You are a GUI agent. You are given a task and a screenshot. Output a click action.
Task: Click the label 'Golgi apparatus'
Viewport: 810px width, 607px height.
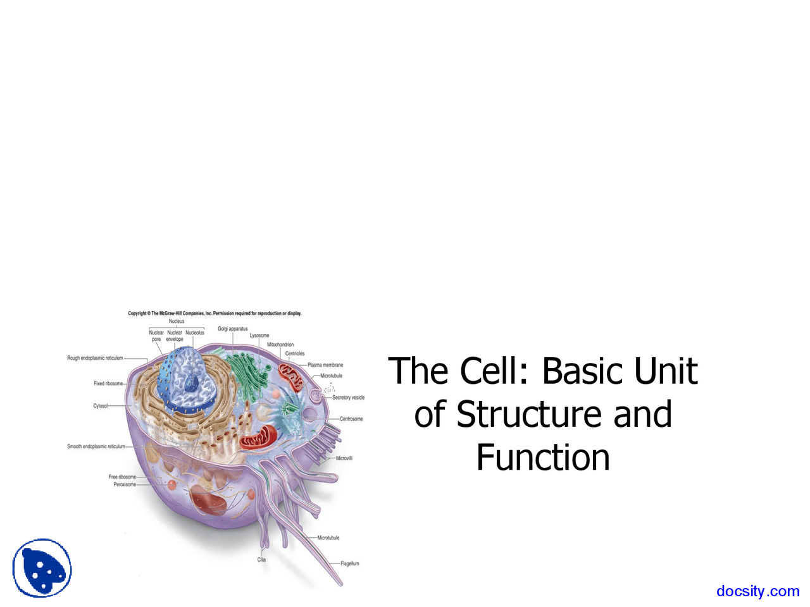point(233,329)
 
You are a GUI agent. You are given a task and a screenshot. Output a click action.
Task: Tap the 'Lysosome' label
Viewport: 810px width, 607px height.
point(259,335)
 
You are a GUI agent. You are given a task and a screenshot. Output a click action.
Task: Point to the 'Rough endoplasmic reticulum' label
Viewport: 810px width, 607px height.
point(95,358)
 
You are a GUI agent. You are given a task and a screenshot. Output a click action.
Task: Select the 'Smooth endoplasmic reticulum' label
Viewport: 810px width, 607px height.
point(96,446)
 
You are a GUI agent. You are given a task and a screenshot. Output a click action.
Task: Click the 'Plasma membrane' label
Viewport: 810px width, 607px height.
point(325,365)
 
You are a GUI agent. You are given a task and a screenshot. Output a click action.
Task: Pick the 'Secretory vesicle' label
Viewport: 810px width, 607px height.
point(349,398)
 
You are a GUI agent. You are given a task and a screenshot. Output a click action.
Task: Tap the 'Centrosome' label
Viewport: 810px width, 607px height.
point(351,419)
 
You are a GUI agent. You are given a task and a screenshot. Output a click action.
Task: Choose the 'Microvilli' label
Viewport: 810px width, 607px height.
point(344,458)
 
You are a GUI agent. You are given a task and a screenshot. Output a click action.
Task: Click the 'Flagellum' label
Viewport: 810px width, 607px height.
point(350,563)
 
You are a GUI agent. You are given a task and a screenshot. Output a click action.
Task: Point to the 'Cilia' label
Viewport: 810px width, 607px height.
point(261,560)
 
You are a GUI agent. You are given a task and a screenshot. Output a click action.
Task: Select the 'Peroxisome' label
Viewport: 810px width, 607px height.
point(125,484)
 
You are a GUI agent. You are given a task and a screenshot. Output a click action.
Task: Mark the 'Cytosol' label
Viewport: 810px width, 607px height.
point(101,406)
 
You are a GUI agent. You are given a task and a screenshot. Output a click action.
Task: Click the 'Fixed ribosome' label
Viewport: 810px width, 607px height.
point(109,383)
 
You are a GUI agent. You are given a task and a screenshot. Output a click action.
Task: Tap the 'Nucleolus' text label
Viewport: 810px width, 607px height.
point(195,333)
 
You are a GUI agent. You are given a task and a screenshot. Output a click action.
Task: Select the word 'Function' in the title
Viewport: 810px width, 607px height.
point(543,458)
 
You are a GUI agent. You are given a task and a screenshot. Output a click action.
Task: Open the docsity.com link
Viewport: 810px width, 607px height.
point(757,591)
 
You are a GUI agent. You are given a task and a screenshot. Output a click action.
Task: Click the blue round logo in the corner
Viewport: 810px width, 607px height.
point(42,568)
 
